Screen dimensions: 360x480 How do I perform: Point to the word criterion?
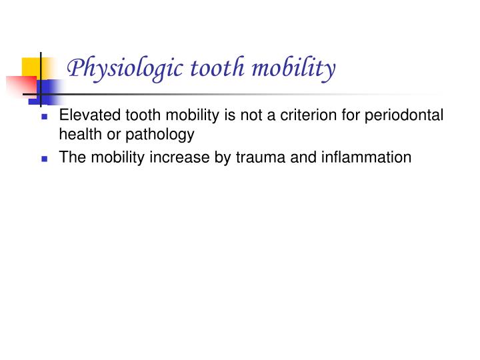(323, 115)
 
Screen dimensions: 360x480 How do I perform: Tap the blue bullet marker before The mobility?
(45, 159)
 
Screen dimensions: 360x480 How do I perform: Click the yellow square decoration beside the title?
(31, 67)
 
